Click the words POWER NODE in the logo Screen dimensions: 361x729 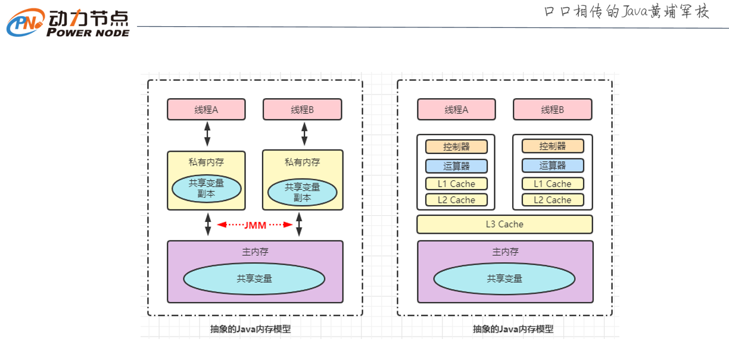tap(88, 33)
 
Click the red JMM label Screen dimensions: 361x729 tap(256, 225)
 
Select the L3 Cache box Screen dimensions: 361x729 tap(504, 224)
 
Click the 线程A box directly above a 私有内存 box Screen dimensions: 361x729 tap(206, 109)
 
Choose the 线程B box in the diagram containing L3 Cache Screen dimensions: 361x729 tap(552, 109)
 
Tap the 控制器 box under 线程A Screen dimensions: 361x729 tap(456, 146)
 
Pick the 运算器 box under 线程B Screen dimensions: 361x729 tap(553, 165)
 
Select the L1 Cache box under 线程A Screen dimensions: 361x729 tap(456, 184)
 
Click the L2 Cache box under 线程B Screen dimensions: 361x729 tap(553, 200)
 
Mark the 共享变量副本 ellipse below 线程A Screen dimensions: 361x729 tap(206, 189)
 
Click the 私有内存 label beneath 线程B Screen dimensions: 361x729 tap(303, 162)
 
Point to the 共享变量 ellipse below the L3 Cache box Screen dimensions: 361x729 tap(504, 278)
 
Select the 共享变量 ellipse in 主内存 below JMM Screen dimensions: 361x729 tap(254, 278)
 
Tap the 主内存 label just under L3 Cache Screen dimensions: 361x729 tap(505, 252)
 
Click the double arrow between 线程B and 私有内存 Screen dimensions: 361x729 tap(304, 134)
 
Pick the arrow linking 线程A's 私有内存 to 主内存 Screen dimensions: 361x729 tap(208, 225)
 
